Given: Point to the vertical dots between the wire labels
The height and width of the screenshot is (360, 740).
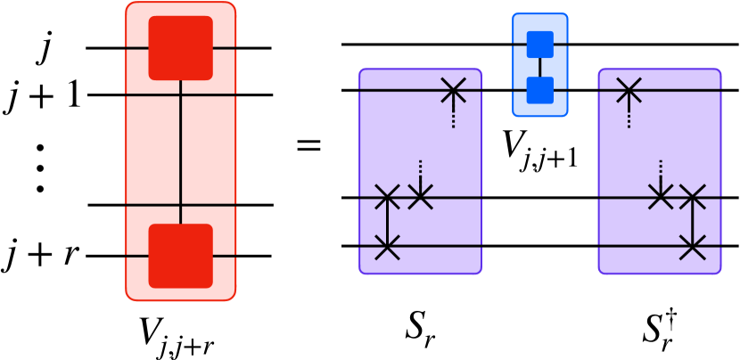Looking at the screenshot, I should coord(40,167).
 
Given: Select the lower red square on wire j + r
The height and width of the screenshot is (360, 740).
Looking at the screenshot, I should coord(181,257).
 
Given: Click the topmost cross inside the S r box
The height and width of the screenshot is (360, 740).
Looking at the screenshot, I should coord(454,89).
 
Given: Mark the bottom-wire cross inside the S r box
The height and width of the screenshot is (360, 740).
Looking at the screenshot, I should coord(386,246).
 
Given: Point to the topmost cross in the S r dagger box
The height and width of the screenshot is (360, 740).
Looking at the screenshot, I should coord(629,89).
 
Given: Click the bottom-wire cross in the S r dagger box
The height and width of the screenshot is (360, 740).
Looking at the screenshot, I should coord(694,246).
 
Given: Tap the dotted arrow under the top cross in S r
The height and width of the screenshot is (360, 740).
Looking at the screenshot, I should coord(454,114).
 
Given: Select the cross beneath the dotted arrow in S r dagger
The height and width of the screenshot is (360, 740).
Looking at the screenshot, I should coord(660,196).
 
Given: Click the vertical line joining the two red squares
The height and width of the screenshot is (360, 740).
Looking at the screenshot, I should coord(182,151).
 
